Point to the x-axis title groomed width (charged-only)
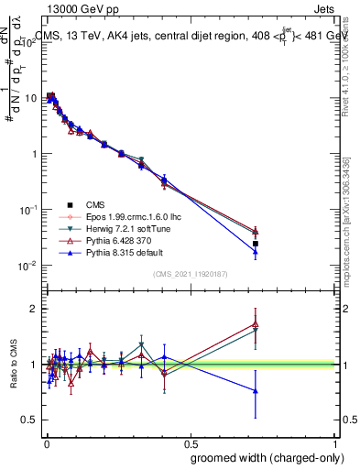(267, 457)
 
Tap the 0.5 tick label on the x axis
(190, 443)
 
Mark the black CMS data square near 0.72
(256, 244)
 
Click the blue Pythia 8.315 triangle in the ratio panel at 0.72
(256, 391)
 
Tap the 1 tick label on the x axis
(336, 443)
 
